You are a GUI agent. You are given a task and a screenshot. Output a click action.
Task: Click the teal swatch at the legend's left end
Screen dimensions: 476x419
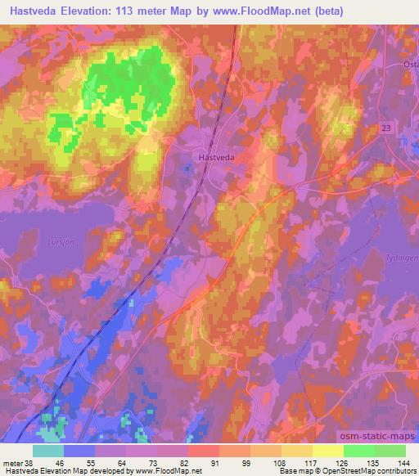tap(48, 451)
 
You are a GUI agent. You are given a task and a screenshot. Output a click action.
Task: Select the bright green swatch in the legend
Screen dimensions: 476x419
tap(358, 451)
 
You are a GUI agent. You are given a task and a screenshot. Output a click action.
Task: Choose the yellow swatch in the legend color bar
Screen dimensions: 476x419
tap(328, 451)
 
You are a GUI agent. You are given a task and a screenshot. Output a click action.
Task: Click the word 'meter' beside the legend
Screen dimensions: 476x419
tap(14, 463)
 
